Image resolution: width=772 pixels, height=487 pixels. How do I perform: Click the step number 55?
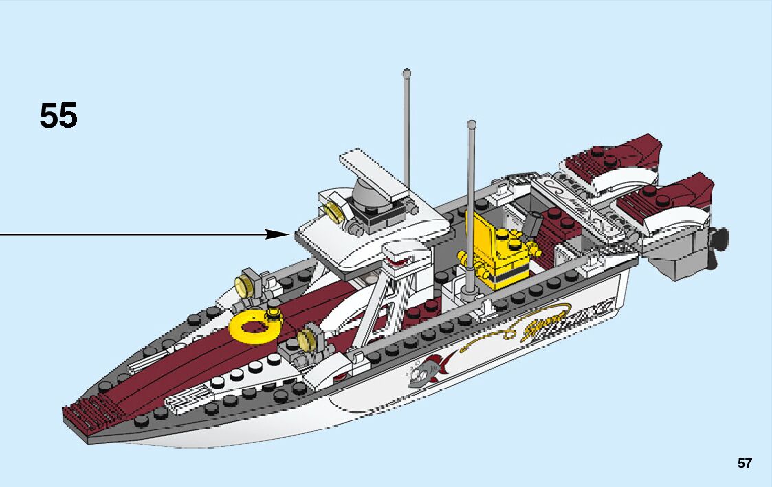click(x=58, y=115)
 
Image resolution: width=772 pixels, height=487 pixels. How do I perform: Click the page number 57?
click(x=745, y=464)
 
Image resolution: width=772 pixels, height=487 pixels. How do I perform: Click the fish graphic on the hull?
click(x=428, y=370)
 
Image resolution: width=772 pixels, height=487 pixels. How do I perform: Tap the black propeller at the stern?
click(x=720, y=240)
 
